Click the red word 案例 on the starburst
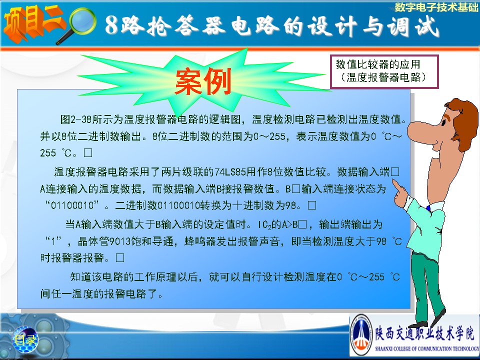(x=203, y=81)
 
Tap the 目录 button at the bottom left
(x=25, y=339)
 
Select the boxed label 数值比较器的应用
(x=378, y=64)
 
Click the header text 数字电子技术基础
(x=436, y=7)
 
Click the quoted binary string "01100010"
(x=72, y=205)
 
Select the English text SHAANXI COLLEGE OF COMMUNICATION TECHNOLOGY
(x=426, y=348)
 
